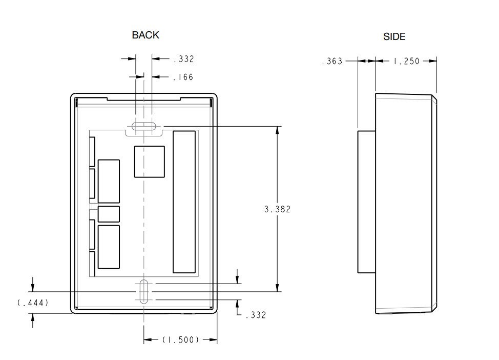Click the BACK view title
(145, 35)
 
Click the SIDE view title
(394, 36)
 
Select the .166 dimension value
(183, 77)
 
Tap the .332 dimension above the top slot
(183, 59)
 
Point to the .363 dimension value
(331, 62)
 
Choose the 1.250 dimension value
(406, 62)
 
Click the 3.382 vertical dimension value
(277, 209)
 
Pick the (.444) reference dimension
(33, 303)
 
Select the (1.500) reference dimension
(180, 340)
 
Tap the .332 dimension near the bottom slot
(256, 315)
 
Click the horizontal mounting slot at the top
(144, 126)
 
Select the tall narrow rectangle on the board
(184, 202)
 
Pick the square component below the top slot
(149, 162)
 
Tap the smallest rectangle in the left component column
(109, 214)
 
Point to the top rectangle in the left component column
(109, 181)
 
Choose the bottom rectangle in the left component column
(109, 247)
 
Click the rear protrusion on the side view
(366, 202)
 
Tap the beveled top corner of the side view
(433, 98)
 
